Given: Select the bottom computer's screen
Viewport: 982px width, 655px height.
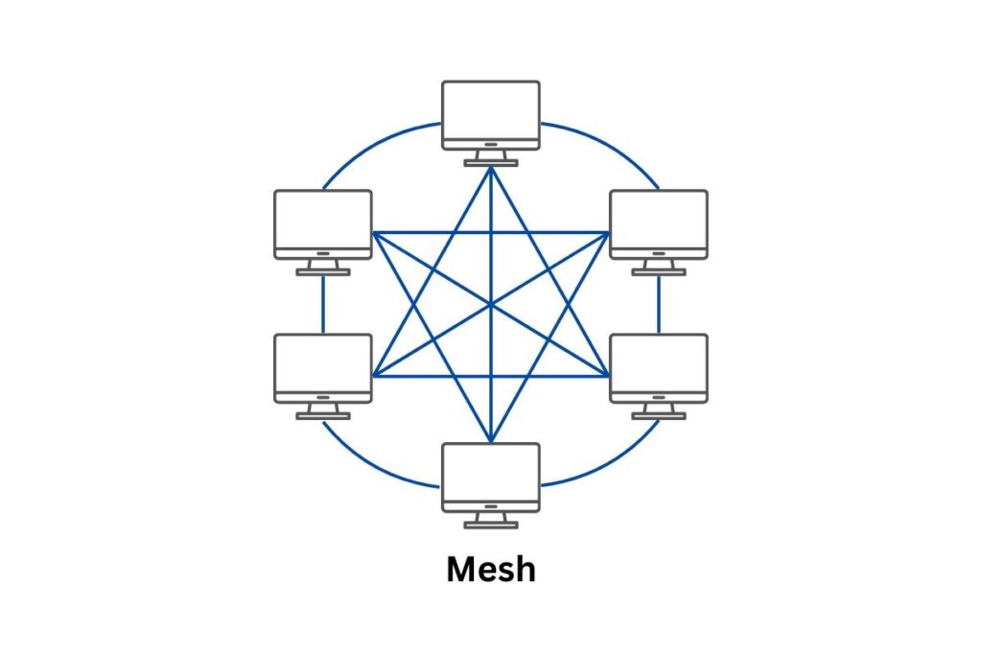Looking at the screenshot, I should [490, 470].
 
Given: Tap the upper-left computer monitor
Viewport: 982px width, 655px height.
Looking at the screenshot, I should [322, 218].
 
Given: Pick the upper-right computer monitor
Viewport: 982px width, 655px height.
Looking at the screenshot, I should [659, 218].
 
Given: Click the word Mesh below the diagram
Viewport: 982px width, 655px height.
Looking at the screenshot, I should [490, 570].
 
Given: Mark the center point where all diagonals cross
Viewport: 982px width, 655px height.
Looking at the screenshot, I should [490, 305].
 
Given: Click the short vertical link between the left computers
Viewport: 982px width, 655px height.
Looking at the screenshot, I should [322, 304].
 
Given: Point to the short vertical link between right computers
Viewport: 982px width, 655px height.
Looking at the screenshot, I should [659, 304].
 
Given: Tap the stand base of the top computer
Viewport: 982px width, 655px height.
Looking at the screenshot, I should [490, 163].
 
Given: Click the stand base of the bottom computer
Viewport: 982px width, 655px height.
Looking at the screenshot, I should [490, 525].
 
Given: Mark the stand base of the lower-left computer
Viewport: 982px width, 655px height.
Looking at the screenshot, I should [322, 415].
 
